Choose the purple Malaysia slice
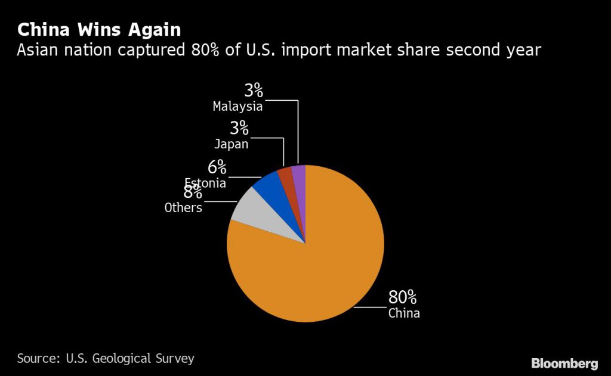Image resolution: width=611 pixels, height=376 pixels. tap(299, 176)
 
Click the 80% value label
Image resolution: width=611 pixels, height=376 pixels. tap(402, 297)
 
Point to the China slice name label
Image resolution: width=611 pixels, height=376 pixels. tap(404, 313)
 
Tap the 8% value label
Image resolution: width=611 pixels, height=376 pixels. tap(192, 192)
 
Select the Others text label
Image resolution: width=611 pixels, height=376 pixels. tap(183, 208)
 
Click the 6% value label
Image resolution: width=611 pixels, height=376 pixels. tap(217, 167)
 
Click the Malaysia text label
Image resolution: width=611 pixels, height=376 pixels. tap(237, 107)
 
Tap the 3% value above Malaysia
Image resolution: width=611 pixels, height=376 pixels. tap(253, 91)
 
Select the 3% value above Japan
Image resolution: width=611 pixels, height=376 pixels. tap(239, 128)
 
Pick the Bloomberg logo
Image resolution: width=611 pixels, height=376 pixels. tap(564, 363)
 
